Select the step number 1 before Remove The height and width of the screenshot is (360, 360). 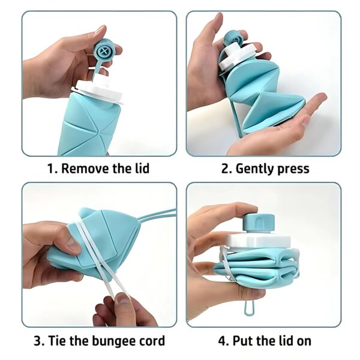[51, 169]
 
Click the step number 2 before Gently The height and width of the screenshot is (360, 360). [226, 169]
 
